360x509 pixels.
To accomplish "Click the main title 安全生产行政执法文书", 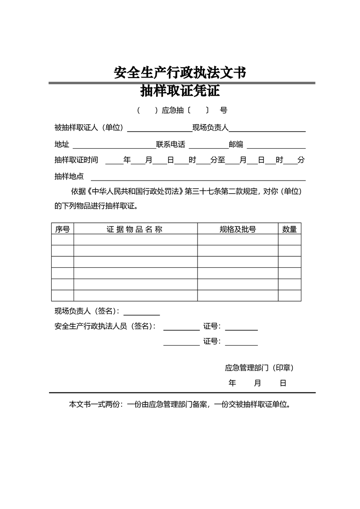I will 180,73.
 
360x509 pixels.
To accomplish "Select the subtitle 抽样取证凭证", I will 180,91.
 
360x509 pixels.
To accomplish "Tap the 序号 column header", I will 63,230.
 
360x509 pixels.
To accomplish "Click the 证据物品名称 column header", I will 135,230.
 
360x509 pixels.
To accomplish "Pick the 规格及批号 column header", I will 237,230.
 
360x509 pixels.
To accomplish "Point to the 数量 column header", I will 289,230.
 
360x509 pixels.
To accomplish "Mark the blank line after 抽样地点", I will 198,177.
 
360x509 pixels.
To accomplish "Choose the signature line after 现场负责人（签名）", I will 142,312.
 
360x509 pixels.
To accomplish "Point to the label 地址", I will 62,145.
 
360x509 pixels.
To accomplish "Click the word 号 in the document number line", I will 223,110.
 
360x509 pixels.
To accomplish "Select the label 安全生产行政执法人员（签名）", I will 105,326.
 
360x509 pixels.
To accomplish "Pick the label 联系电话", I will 171,145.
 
